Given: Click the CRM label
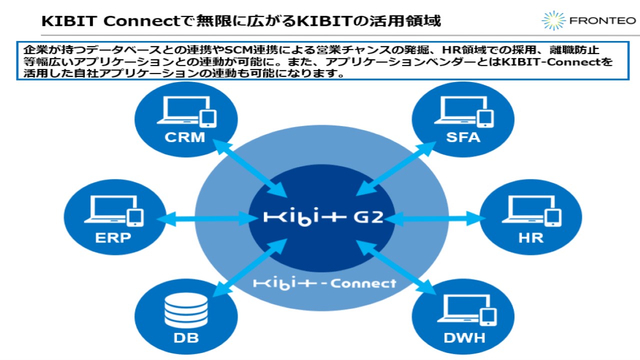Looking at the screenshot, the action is [x=185, y=137].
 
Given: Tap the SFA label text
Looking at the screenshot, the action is [x=463, y=137].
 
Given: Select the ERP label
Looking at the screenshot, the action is [x=113, y=237].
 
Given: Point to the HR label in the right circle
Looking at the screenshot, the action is [x=531, y=237].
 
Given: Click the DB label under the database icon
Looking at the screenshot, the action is [x=186, y=338].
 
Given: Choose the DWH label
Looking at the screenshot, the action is [x=464, y=338].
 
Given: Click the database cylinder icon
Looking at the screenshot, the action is [x=186, y=310].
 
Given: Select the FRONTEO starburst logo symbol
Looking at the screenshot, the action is [x=553, y=20].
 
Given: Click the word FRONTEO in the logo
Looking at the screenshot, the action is [x=602, y=21].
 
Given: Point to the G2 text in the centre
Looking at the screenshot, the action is [x=368, y=217].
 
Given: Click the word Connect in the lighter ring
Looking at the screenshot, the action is [x=363, y=283].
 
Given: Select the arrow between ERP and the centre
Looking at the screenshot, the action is [x=207, y=219].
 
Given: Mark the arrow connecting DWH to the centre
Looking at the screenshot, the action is [x=395, y=267].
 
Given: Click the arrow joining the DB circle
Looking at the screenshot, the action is [x=250, y=268].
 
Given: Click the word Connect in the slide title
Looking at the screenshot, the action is [x=142, y=21].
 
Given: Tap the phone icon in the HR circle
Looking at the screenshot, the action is [x=553, y=217].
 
